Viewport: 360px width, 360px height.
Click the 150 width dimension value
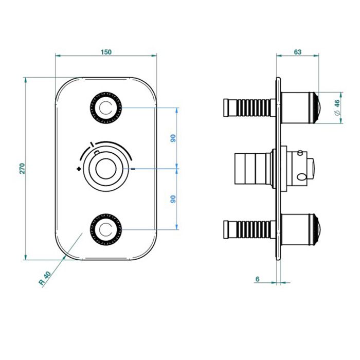point(106,52)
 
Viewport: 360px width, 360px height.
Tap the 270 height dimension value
point(22,168)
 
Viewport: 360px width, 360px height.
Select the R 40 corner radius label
point(45,278)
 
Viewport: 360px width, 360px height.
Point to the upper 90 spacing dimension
point(173,138)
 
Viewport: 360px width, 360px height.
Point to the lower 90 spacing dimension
point(173,199)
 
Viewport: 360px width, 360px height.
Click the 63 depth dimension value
point(297,52)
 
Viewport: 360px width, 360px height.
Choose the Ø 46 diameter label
point(337,107)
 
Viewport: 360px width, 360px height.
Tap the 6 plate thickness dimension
point(257,279)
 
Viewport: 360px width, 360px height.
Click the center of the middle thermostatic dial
point(106,169)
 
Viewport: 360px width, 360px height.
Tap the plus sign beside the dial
point(79,169)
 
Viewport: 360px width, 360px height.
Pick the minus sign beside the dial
point(133,169)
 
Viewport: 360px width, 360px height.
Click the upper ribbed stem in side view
point(250,108)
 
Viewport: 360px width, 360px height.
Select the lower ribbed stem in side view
point(250,229)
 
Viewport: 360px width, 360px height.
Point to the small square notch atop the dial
point(97,152)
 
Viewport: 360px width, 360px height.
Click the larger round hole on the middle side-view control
point(301,177)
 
